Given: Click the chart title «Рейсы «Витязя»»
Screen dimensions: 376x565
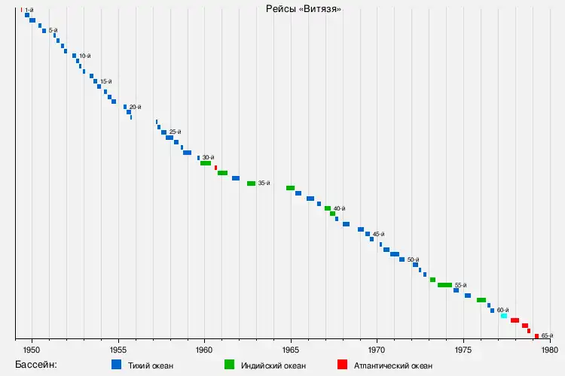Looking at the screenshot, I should (x=304, y=9).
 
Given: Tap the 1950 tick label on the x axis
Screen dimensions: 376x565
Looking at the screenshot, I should (x=32, y=350).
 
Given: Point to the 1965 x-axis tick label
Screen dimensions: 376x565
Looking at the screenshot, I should (x=291, y=350).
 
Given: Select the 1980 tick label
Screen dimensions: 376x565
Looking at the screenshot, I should (x=549, y=350).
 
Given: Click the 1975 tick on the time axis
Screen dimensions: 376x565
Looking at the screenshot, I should (x=463, y=350).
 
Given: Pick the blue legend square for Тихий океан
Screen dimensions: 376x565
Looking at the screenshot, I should (x=116, y=365).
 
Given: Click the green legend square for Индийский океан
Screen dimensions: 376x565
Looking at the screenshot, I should (x=229, y=365).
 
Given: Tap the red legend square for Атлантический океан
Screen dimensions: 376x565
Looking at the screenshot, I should (x=342, y=365).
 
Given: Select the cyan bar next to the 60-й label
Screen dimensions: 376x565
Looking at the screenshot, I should (x=504, y=316).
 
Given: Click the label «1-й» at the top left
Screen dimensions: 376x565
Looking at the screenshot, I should (x=29, y=10).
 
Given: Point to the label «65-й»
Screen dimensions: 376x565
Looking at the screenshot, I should (x=548, y=335).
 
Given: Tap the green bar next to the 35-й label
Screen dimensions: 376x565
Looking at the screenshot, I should (x=251, y=183).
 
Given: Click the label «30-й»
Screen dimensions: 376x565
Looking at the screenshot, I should (x=209, y=157).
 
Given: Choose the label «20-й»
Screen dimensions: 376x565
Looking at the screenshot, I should (x=136, y=107).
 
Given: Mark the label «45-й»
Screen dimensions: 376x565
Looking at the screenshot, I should (x=378, y=234).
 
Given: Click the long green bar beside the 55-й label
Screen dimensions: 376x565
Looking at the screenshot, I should (x=444, y=285).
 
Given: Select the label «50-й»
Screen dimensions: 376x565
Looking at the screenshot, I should (x=413, y=259).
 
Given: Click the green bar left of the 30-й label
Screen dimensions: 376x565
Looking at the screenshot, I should (x=206, y=163).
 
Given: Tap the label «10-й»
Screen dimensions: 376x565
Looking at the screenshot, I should (x=85, y=56).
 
